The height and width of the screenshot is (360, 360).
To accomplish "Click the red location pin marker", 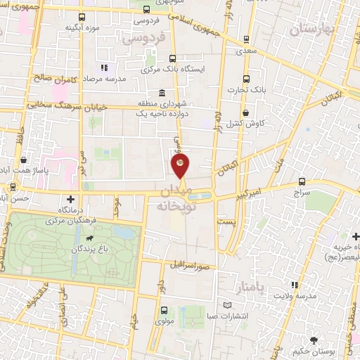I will [180, 165].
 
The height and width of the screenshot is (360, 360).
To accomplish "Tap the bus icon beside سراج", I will [302, 180].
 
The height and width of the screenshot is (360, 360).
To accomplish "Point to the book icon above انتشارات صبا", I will [226, 305].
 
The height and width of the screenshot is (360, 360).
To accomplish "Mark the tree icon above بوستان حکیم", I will [323, 341].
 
